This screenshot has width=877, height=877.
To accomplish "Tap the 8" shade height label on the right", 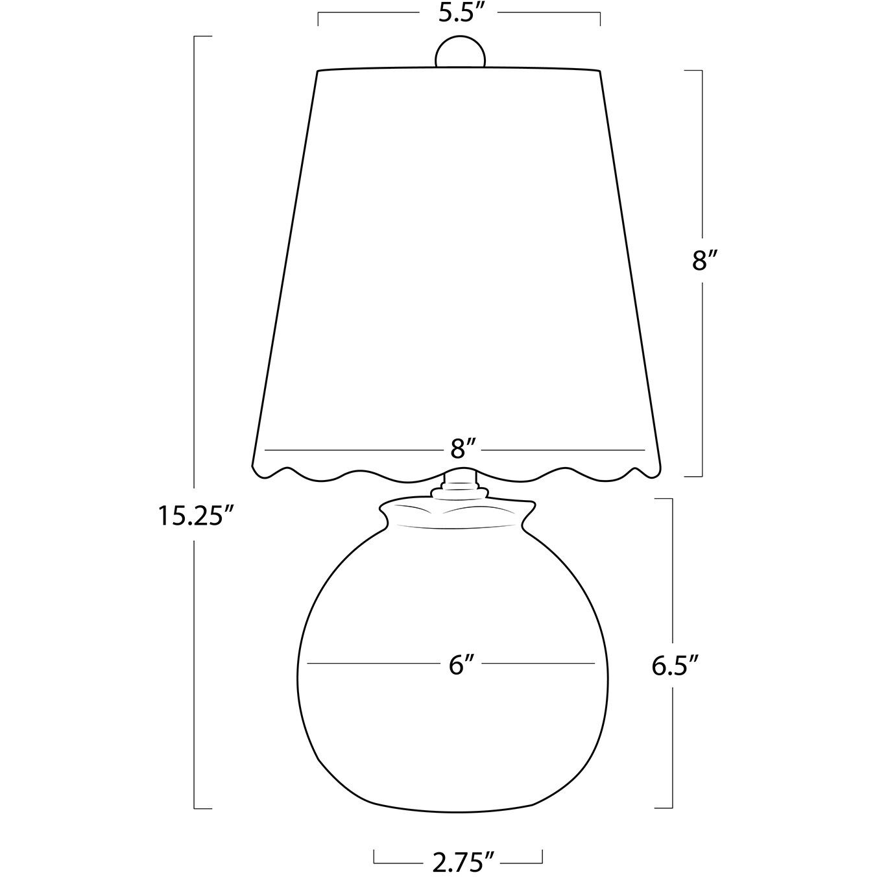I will pyautogui.click(x=703, y=261).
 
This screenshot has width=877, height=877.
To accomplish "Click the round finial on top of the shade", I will pyautogui.click(x=459, y=52).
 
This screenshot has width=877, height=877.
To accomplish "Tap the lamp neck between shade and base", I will pyautogui.click(x=461, y=483).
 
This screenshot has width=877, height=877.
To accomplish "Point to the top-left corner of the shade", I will pyautogui.click(x=317, y=71).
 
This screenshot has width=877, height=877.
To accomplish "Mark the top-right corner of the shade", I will pyautogui.click(x=600, y=71).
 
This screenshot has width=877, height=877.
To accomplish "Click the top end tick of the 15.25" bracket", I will pyautogui.click(x=202, y=36).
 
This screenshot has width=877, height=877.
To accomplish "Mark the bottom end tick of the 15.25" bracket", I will pyautogui.click(x=202, y=808).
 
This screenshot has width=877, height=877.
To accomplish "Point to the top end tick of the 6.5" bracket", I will pyautogui.click(x=663, y=499).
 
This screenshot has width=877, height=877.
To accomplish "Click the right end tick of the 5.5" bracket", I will pyautogui.click(x=600, y=18).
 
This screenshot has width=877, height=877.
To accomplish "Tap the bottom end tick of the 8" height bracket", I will pyautogui.click(x=694, y=476).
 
